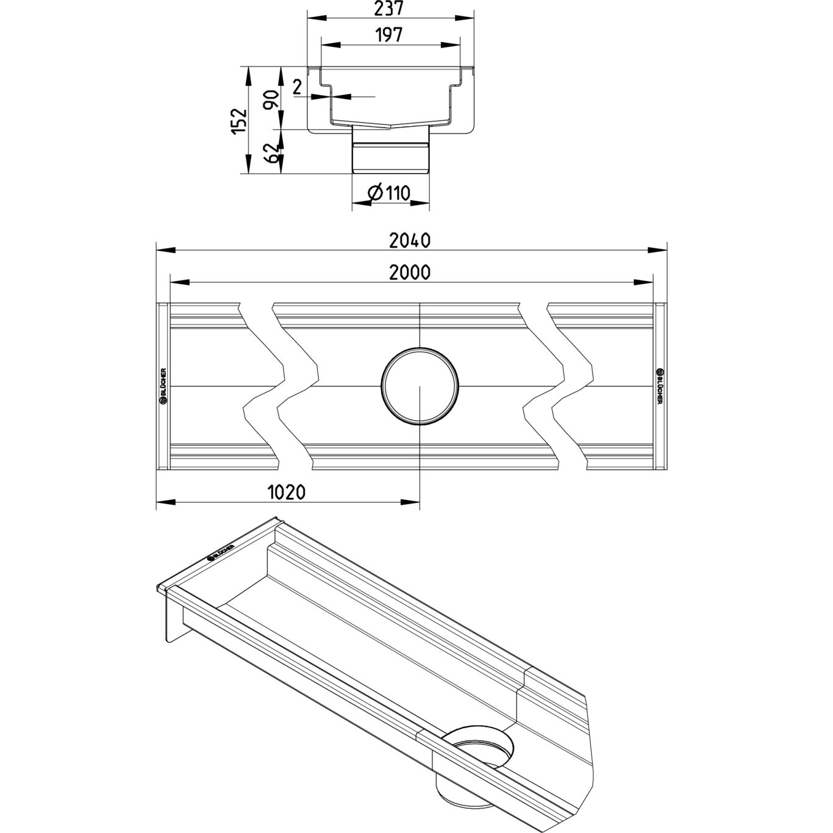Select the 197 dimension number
click(388, 35)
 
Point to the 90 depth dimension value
click(271, 100)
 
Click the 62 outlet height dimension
click(271, 153)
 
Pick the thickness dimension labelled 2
click(298, 87)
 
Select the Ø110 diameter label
click(388, 193)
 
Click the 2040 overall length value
click(410, 240)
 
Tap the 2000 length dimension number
click(410, 273)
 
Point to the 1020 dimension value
click(286, 492)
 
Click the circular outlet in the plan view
click(420, 386)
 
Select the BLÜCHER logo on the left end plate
click(163, 386)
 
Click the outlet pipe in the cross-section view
click(391, 149)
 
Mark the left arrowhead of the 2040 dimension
click(166, 250)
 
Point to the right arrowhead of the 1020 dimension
click(410, 502)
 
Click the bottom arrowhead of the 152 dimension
click(248, 164)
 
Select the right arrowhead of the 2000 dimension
click(643, 282)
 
